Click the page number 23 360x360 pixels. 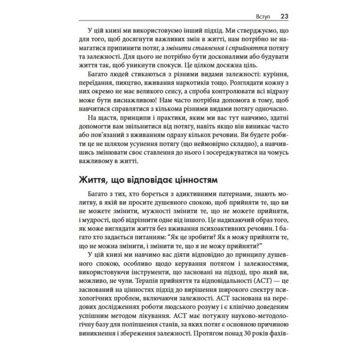(283, 15)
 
